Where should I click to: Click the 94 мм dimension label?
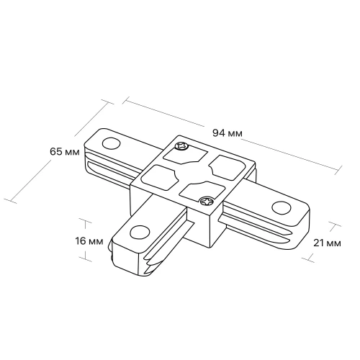click(228, 132)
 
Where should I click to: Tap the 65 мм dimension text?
click(65, 152)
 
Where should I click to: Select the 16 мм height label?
click(89, 241)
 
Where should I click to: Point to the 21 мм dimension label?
click(327, 243)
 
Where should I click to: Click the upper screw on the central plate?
click(181, 146)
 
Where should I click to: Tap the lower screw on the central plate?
click(207, 201)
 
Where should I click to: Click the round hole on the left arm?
click(111, 143)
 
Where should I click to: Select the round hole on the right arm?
click(282, 207)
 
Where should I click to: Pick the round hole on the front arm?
click(140, 232)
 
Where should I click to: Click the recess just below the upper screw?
click(185, 156)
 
